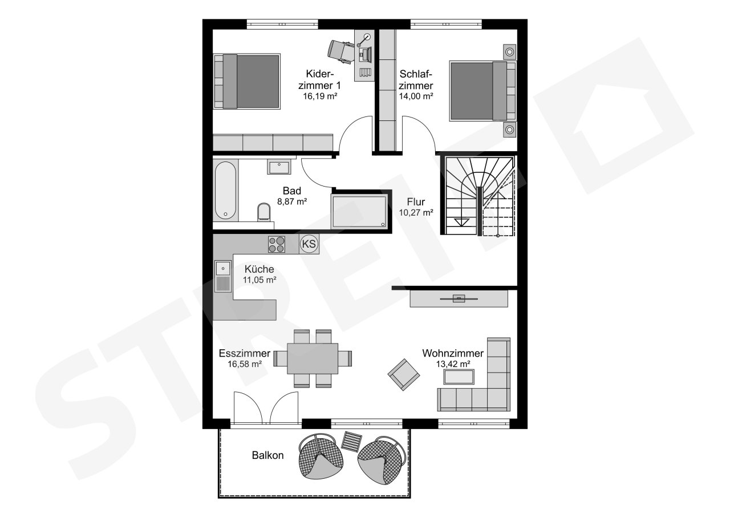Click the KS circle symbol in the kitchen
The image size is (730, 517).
coord(309,244)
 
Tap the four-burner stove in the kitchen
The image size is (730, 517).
coord(277,244)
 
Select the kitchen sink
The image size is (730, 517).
coord(223,276)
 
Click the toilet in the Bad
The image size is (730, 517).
coord(263,212)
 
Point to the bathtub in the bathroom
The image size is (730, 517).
coord(225,191)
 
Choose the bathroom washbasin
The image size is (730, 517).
coord(279,167)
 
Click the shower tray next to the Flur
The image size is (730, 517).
coord(359,211)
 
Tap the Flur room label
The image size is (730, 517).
coord(416,202)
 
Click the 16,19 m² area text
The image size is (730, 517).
coord(320,96)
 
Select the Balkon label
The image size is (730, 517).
coord(267,455)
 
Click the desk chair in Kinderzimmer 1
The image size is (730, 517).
coord(341,51)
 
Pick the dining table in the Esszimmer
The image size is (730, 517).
coord(313,358)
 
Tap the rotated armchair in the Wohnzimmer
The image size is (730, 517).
coord(403,374)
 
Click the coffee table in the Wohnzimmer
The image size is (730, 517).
coord(459,377)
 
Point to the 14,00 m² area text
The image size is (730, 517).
coord(416,96)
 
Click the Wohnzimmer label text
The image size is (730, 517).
coord(453,353)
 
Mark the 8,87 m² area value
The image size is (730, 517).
coord(292,201)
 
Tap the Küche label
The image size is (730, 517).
coord(259,269)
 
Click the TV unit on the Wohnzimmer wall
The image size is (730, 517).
coord(459,298)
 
